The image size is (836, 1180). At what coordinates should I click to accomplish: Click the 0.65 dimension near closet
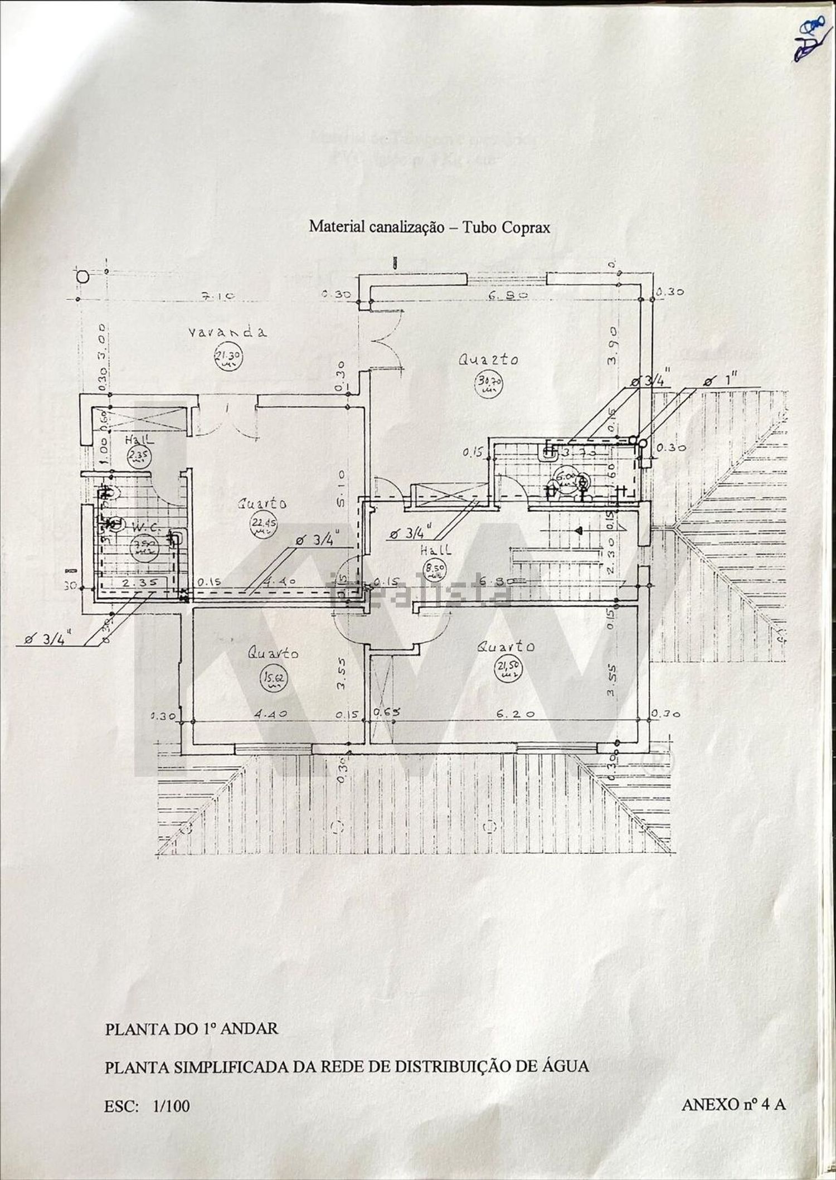coord(382,713)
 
